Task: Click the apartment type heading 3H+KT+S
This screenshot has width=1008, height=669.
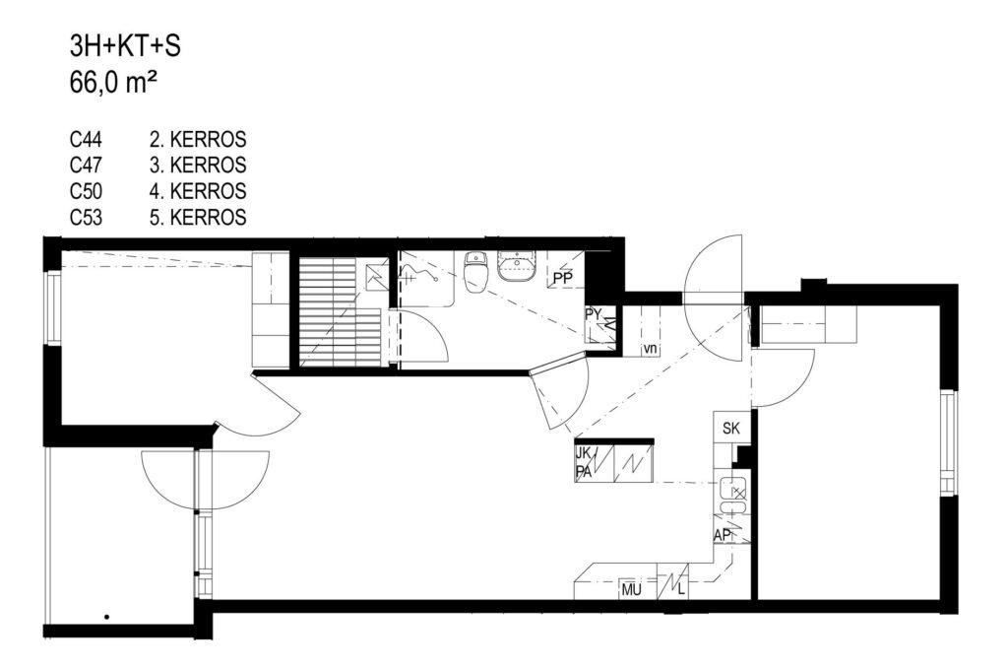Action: point(125,46)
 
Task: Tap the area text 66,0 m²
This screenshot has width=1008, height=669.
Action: point(114,83)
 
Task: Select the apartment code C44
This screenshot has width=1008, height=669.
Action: point(87,140)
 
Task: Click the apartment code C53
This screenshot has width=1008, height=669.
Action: point(87,218)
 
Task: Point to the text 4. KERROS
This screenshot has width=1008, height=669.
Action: point(197,191)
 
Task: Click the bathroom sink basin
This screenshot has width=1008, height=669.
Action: point(518,266)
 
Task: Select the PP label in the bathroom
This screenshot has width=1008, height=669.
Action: point(562,279)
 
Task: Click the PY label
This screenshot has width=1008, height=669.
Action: point(593,314)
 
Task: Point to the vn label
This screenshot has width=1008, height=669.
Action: point(651,348)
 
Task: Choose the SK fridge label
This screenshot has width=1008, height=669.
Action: point(731,429)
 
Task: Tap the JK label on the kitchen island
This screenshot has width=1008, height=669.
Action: point(583,452)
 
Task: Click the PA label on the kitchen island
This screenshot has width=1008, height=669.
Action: point(584,472)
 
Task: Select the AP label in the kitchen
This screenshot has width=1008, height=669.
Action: point(722,535)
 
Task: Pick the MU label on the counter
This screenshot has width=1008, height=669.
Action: point(631,589)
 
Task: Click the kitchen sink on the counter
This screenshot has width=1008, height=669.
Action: point(732,495)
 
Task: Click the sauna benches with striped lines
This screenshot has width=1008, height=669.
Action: point(345,312)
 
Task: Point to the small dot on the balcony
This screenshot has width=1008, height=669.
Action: point(106,616)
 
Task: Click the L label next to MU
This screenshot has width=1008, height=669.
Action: point(681,589)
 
